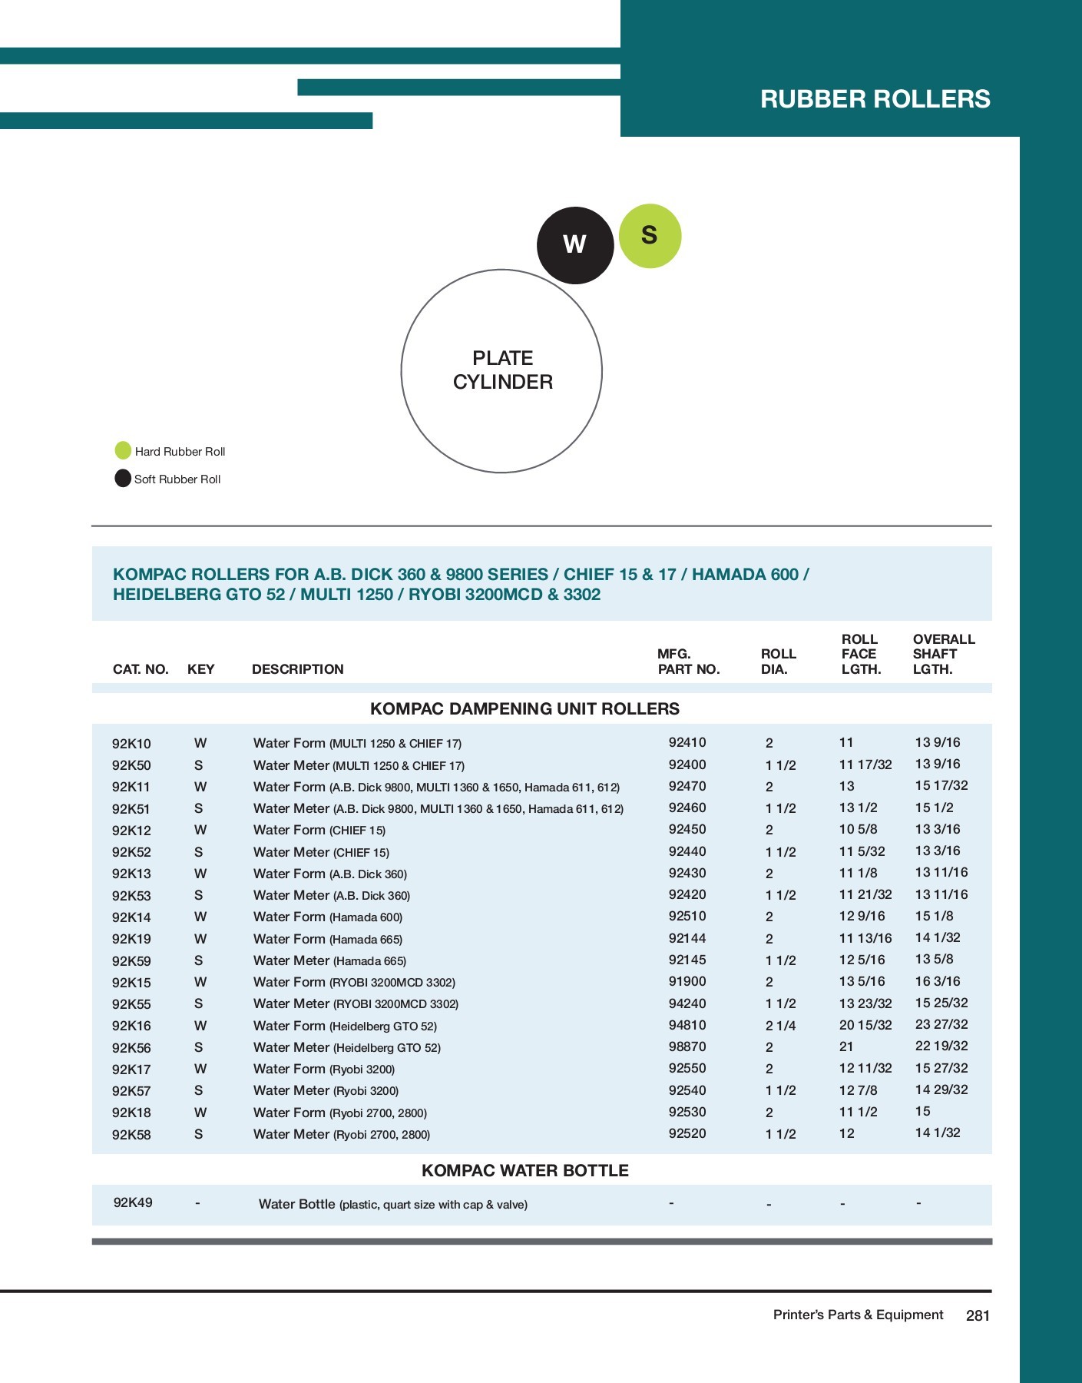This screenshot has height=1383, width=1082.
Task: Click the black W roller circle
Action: [574, 245]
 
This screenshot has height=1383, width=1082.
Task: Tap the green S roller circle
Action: [650, 236]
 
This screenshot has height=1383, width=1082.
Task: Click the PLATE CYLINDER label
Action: [502, 370]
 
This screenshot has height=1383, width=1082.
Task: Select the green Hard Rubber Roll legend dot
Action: [123, 450]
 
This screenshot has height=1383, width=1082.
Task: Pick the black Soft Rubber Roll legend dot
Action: [123, 478]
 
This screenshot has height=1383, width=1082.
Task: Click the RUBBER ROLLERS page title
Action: [875, 99]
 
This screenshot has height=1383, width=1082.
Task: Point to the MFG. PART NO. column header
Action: [688, 662]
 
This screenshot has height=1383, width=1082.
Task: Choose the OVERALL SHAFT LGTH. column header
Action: [943, 654]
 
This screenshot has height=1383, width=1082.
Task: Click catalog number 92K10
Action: [131, 743]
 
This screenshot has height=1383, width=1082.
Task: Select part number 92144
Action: [687, 938]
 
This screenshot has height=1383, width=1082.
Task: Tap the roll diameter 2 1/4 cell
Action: [780, 1026]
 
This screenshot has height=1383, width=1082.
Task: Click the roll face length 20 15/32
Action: [865, 1025]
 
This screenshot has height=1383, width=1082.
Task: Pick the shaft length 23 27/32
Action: [941, 1024]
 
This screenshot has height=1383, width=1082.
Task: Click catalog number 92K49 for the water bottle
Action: [133, 1202]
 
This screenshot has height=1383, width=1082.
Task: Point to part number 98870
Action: [687, 1046]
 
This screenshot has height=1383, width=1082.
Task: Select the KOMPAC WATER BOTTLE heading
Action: [524, 1170]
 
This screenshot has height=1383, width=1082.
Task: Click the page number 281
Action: [978, 1315]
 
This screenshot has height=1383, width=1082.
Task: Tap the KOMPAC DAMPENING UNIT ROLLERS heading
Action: [524, 708]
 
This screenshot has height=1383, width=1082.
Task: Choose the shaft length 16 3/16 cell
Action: [937, 981]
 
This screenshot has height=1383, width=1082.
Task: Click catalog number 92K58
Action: [131, 1134]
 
